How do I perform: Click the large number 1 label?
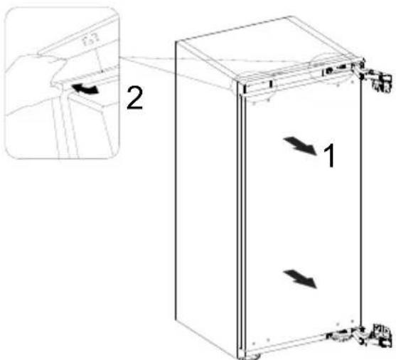tap(329, 155)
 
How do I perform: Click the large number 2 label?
tap(134, 98)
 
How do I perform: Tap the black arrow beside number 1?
tap(300, 146)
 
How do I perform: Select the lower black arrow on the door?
tap(300, 279)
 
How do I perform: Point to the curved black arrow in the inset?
tap(84, 89)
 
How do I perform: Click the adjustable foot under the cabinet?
tap(250, 356)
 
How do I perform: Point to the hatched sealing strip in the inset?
tap(83, 77)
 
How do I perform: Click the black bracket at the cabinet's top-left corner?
tap(245, 89)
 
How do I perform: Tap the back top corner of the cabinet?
tap(289, 16)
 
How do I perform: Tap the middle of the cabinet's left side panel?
tap(206, 197)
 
